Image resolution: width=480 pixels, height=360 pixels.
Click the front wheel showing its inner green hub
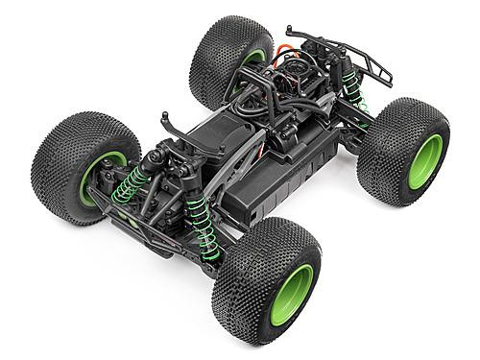[96, 173]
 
